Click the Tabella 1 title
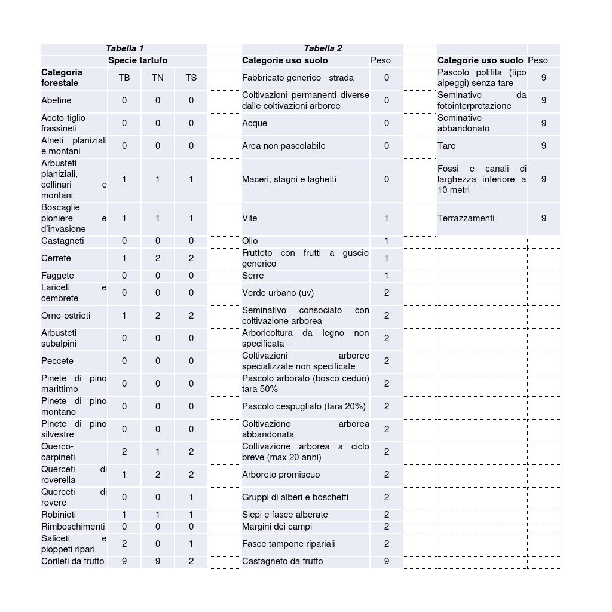coord(124,48)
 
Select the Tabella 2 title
coord(323,48)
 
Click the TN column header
coord(157,78)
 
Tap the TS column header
coord(191,78)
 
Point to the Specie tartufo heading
coord(137,60)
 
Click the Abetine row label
coord(56,100)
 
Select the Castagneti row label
coord(63,241)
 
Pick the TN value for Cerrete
coord(157,258)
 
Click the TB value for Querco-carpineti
coord(124,452)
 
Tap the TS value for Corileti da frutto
coord(191,561)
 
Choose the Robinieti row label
coord(59,515)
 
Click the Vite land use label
coord(250,218)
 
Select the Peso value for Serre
coord(386,276)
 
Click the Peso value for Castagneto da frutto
coord(386,561)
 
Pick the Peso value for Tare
coord(543,146)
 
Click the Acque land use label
coord(255,123)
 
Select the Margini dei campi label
coord(277,527)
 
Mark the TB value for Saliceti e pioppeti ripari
coord(124,544)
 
